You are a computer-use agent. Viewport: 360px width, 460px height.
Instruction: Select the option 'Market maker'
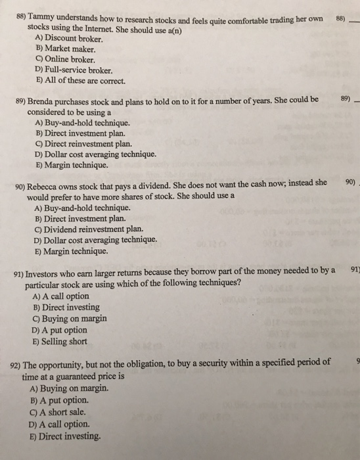64,49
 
